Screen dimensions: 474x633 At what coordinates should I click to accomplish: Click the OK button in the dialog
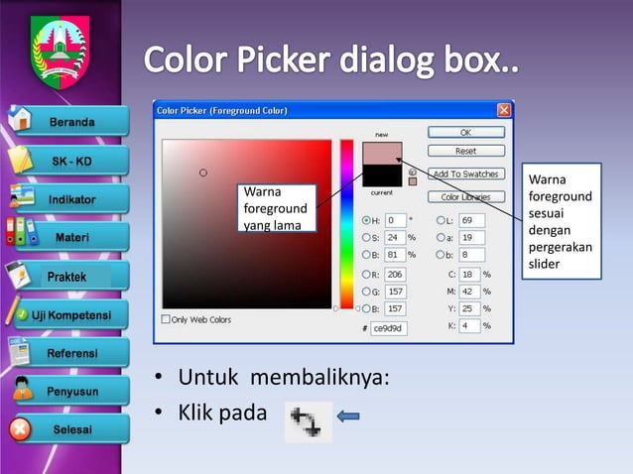point(465,132)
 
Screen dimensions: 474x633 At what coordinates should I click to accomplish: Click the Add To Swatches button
point(465,175)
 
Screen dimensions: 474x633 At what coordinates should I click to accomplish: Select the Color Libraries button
point(465,196)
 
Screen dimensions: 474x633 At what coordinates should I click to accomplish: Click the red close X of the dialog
point(504,109)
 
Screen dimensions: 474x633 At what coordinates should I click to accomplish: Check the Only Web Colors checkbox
point(167,320)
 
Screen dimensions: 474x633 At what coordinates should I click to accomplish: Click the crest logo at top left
point(60,49)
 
